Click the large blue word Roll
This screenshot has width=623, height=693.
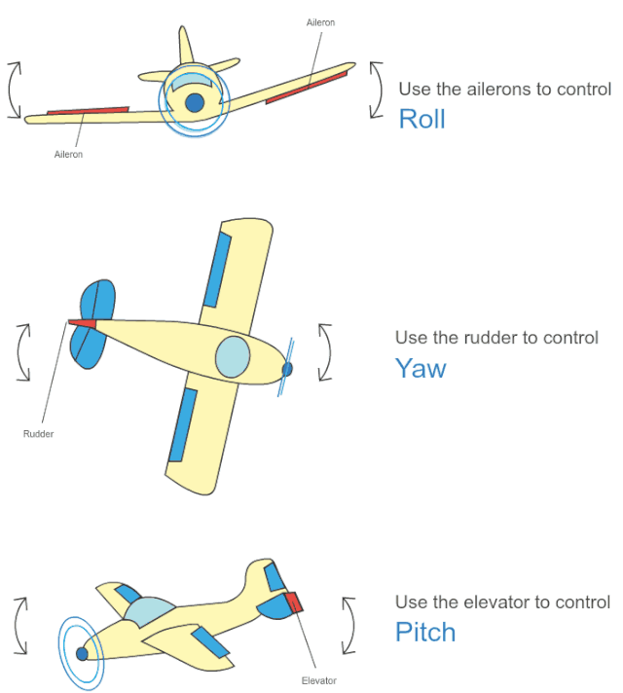(x=421, y=119)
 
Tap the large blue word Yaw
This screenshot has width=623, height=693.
(x=421, y=368)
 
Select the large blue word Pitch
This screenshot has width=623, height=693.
(x=425, y=632)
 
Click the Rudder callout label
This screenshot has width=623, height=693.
(x=38, y=433)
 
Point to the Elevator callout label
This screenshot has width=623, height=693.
(x=319, y=680)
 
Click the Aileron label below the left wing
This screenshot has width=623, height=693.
(x=68, y=154)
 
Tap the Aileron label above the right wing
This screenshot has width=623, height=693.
(x=320, y=22)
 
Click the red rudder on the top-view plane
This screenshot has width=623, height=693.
(x=83, y=322)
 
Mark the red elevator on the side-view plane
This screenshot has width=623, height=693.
(x=294, y=602)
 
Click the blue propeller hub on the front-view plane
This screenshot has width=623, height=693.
(x=195, y=101)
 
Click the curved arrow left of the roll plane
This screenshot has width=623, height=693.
(x=13, y=90)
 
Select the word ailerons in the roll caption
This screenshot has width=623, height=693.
(x=483, y=90)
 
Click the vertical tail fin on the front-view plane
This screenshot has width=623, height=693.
(x=184, y=47)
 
